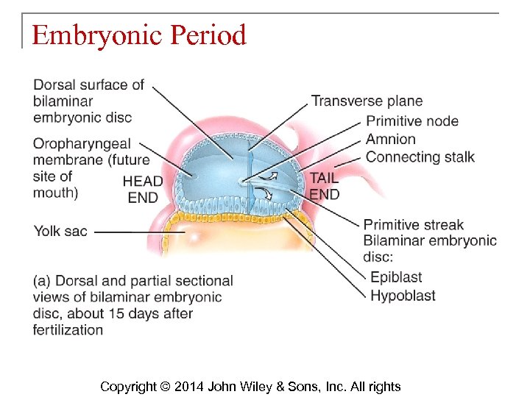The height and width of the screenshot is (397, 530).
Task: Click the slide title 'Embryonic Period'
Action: coord(138,35)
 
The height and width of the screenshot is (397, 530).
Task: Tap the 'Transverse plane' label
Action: coord(367,101)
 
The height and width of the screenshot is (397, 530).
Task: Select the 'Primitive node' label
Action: coord(412,121)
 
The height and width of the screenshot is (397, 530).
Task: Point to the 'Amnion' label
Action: coord(391,139)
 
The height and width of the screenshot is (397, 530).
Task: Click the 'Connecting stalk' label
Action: coord(420,157)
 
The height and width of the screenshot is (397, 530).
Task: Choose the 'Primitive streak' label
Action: coord(414,225)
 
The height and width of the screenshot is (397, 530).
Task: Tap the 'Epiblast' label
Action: coord(396,278)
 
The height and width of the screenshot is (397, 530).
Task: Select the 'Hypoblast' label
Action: coord(403,296)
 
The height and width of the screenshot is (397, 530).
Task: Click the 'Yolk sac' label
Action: coord(60,231)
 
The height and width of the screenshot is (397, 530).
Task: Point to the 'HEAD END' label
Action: coord(143,189)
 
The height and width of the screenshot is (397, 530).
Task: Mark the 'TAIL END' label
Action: coord(324,186)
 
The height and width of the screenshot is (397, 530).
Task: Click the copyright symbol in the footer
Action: coord(164,387)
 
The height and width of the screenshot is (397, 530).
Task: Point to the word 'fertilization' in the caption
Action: coord(68,329)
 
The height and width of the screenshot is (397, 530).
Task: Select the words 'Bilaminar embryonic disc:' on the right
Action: coord(430,248)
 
